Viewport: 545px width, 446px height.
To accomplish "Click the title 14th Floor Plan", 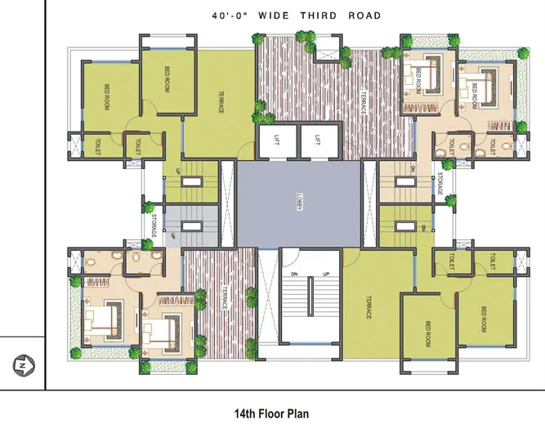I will (x=271, y=414).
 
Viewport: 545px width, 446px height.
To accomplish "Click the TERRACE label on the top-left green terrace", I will (x=221, y=102).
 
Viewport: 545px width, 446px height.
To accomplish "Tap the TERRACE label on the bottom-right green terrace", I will (x=369, y=306).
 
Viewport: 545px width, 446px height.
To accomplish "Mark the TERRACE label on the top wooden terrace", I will (x=364, y=102).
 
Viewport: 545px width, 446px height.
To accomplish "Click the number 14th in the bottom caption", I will (x=247, y=414).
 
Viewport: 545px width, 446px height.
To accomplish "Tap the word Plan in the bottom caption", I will (x=297, y=414).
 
